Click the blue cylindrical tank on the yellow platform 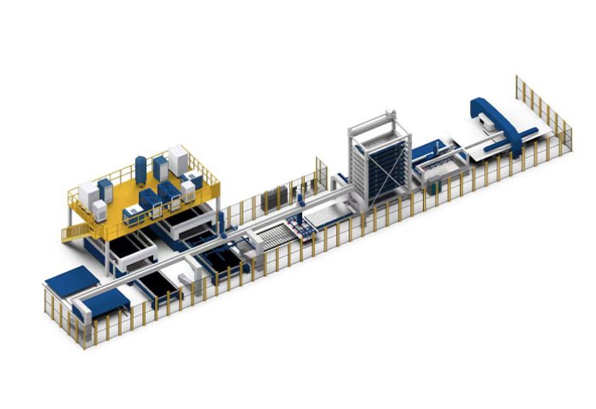click(x=140, y=166)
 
